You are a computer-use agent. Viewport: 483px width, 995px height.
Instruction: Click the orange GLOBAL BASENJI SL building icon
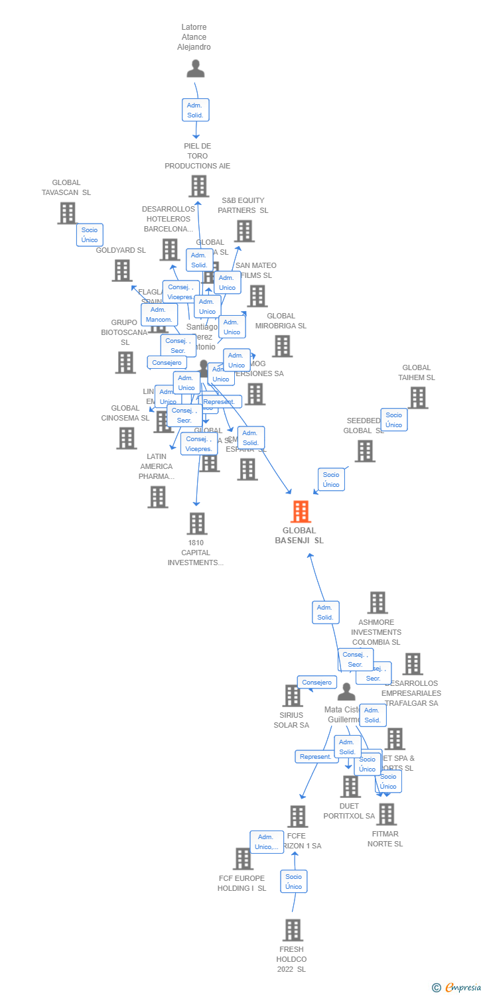pos(301,511)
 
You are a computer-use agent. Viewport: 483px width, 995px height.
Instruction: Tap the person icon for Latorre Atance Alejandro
pos(195,69)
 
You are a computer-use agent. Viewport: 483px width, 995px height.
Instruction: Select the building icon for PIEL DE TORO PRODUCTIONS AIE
pos(198,186)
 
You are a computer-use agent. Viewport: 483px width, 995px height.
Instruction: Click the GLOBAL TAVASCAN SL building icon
pos(67,213)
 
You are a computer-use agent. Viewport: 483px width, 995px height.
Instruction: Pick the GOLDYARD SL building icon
pos(121,270)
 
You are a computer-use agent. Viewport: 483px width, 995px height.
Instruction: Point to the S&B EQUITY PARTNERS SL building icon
pos(244,231)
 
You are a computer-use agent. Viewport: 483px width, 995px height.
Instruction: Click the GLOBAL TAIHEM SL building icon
pos(418,397)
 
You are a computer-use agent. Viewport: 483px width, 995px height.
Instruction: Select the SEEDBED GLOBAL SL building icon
pos(364,451)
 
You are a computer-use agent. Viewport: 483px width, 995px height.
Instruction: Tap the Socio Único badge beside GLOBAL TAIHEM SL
pos(394,420)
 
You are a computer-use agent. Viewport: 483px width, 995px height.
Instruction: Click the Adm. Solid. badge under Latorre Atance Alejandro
pos(195,110)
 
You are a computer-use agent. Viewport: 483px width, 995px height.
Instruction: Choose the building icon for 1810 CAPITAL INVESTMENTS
pos(196,523)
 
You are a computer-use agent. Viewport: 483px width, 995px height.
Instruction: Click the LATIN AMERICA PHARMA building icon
pos(157,496)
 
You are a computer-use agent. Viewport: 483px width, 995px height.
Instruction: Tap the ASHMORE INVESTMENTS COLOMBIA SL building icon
pos(378,602)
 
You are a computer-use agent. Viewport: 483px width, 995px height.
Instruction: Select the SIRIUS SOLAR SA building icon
pos(292,695)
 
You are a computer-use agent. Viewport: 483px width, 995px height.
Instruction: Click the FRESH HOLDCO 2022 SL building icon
pos(293,930)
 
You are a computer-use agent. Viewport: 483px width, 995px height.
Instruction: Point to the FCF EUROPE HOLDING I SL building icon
pos(243,858)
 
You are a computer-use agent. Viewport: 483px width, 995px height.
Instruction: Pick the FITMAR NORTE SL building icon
pos(386,814)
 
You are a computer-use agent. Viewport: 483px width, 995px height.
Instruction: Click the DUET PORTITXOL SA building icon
pos(350,787)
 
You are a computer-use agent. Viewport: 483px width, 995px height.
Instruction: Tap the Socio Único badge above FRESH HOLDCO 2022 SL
pos(293,882)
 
